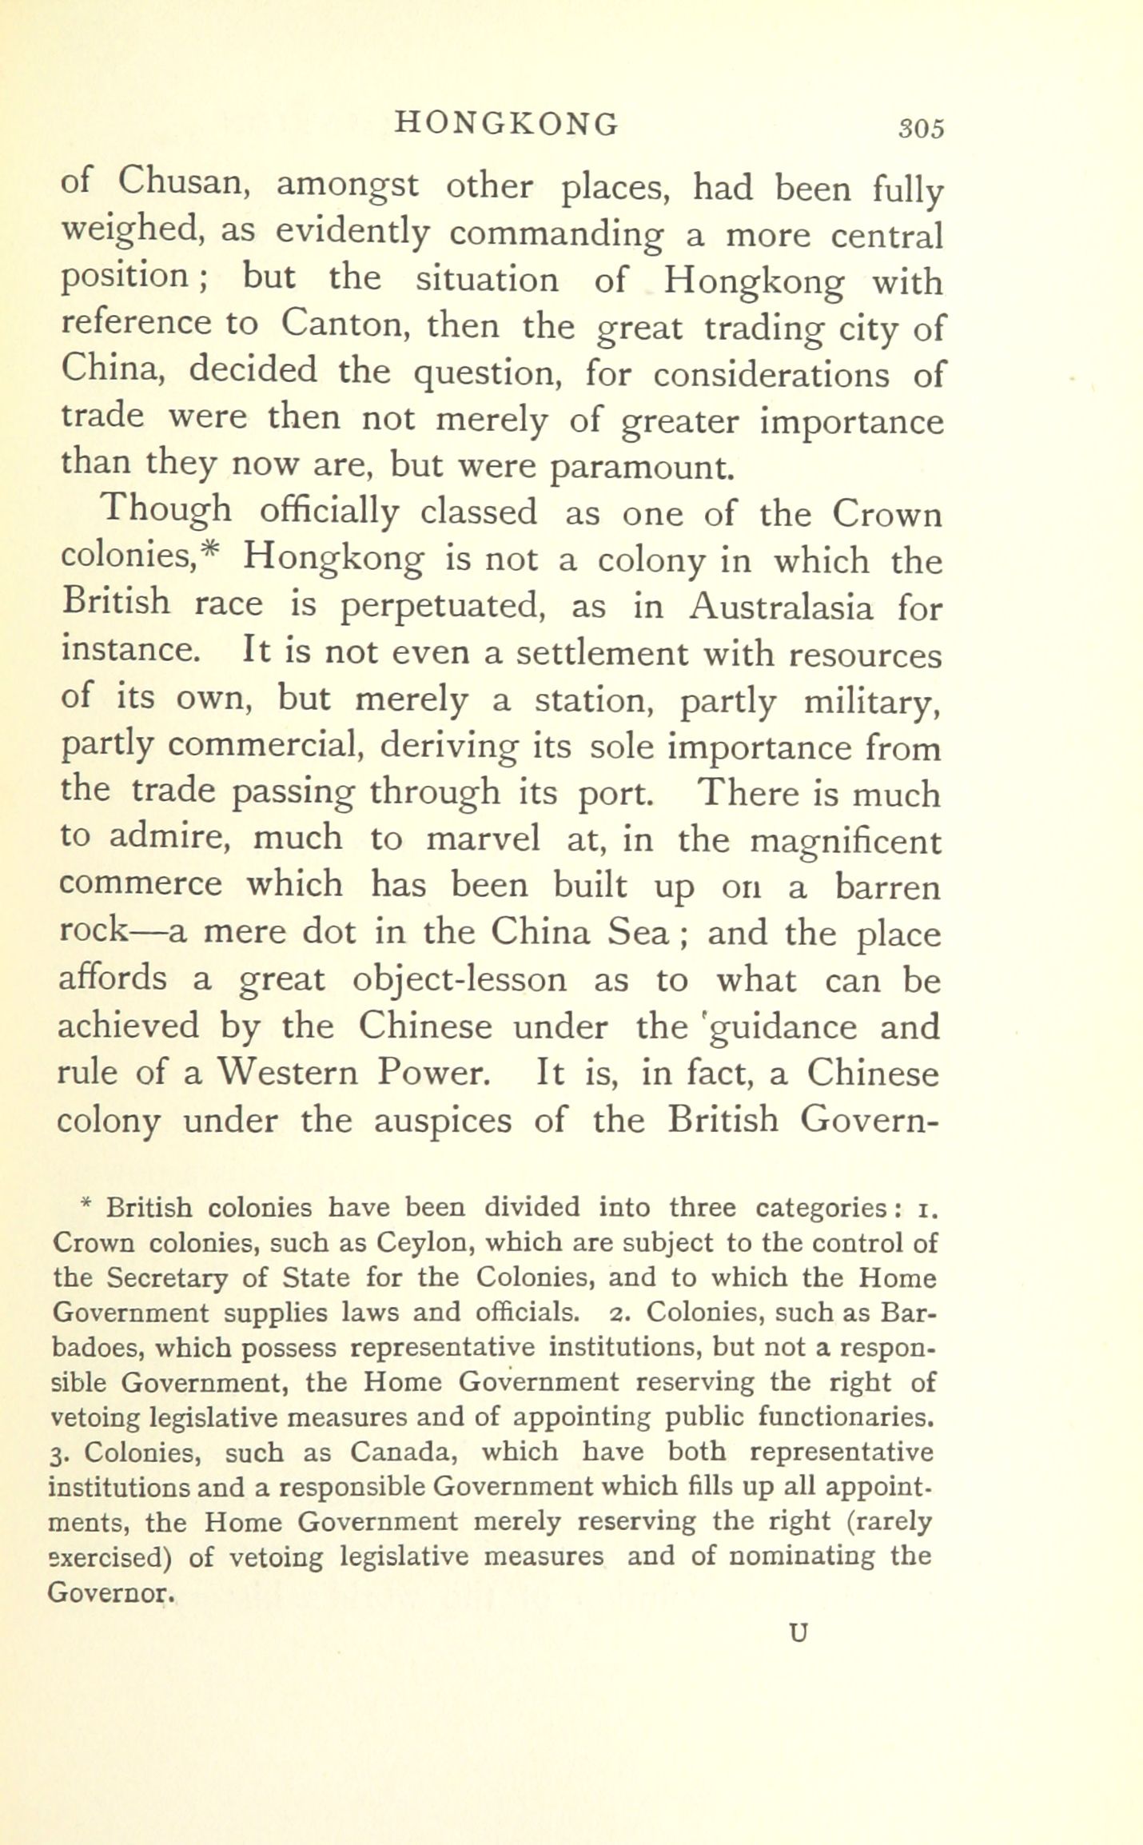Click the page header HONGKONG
[x=507, y=124]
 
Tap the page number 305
[x=921, y=129]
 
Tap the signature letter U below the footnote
[x=798, y=1633]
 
